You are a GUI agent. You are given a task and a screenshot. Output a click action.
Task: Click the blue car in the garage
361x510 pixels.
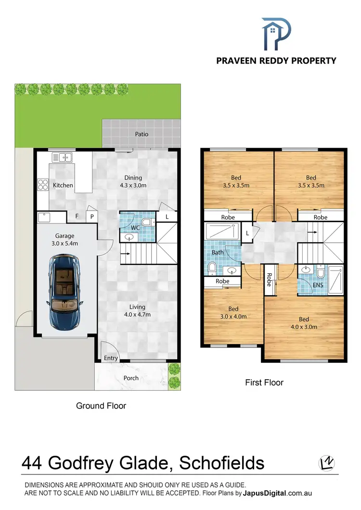coord(64,292)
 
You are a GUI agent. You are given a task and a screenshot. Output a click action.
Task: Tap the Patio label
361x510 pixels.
coord(142,134)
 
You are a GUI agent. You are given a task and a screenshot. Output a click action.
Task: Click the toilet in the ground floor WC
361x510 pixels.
coord(148,222)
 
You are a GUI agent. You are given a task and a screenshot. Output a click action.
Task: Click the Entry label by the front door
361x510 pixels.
coord(111,358)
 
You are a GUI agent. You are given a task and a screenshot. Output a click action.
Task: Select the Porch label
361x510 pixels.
coord(131,378)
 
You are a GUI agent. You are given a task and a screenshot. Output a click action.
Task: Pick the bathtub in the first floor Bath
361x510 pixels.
coord(222,232)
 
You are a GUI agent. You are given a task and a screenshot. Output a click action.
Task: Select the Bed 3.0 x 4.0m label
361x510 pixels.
coord(233,312)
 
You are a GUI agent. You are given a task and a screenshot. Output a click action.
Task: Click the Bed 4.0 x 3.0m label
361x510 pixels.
coord(304,323)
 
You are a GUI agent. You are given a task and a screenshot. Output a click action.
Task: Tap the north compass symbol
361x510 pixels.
coord(327,463)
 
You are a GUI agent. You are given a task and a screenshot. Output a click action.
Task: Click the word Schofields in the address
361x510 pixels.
coord(221,463)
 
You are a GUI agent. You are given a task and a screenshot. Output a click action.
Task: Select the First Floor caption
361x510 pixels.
coord(264,383)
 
